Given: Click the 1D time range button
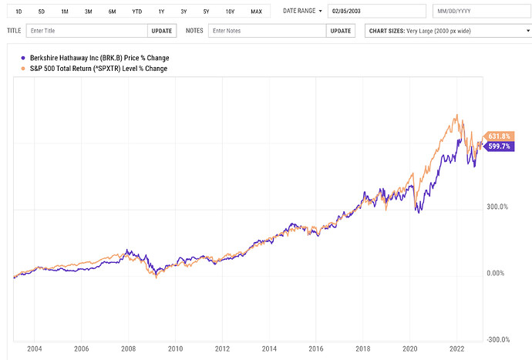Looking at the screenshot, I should tap(19, 12).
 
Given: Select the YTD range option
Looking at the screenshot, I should tap(136, 12).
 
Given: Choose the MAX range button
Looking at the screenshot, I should tap(256, 12).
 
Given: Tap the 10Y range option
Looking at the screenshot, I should tap(231, 12).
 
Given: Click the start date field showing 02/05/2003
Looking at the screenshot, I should tap(376, 12).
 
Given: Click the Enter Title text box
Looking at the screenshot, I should tap(86, 32).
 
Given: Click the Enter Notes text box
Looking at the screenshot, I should tap(267, 32).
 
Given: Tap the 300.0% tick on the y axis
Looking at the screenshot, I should tap(497, 207).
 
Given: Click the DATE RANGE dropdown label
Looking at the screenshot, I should tap(301, 12).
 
